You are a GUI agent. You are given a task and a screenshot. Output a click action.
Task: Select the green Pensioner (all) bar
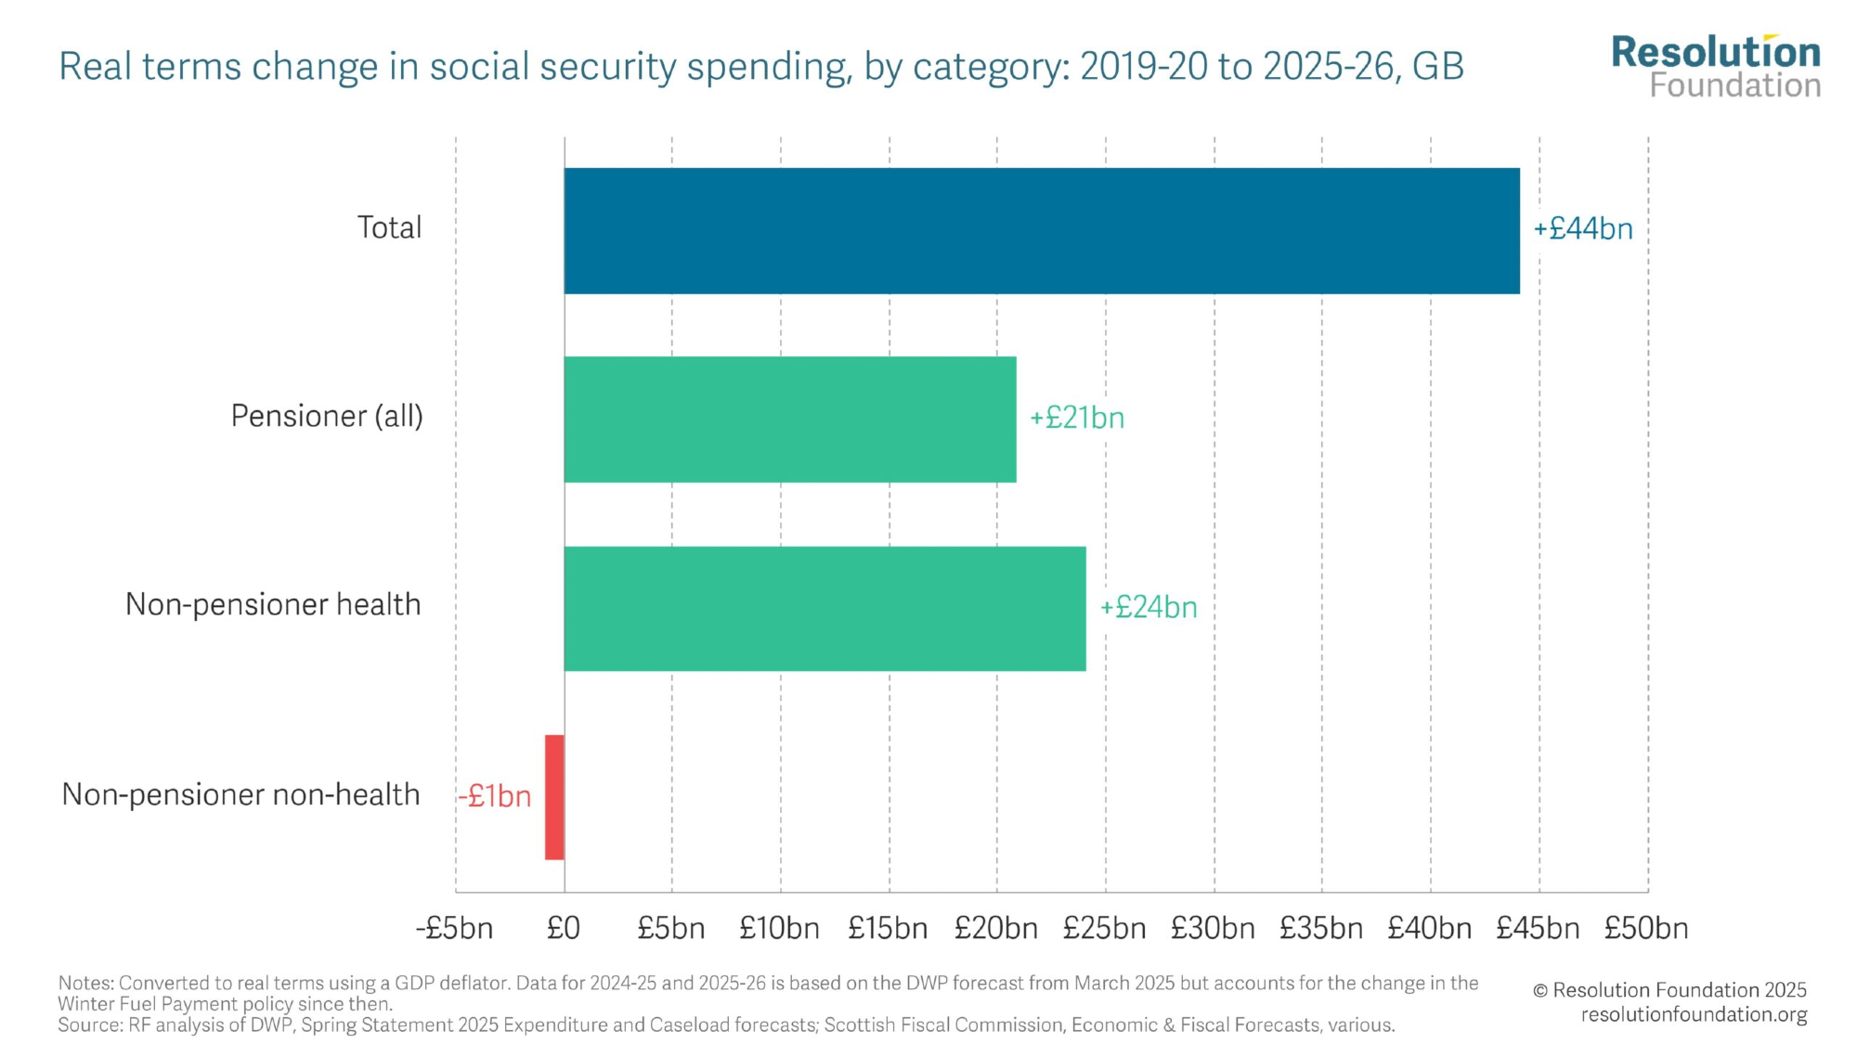click(790, 419)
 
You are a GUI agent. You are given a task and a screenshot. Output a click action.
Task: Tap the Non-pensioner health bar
click(825, 609)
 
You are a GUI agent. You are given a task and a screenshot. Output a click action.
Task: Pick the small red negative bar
click(554, 797)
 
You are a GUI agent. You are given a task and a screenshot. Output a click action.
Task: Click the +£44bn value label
click(1583, 229)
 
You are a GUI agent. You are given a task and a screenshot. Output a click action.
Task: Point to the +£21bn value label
click(1077, 419)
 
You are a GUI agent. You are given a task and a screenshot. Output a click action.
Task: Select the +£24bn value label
click(1149, 608)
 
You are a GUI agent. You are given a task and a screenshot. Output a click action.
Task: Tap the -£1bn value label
click(494, 796)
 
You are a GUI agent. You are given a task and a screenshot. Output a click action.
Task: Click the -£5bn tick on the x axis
click(454, 928)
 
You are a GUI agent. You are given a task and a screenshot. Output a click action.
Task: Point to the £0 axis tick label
click(564, 928)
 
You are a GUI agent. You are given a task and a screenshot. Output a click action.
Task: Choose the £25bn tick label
click(1104, 928)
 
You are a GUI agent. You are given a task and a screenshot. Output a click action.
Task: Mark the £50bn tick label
click(1646, 928)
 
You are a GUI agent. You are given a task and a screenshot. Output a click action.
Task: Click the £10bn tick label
click(779, 928)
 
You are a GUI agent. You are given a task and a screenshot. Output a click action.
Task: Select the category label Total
click(389, 227)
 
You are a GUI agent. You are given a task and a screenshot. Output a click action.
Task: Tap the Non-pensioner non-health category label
click(240, 794)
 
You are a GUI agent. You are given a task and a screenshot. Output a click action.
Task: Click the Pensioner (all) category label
click(327, 416)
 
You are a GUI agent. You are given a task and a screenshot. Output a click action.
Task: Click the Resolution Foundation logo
click(1716, 67)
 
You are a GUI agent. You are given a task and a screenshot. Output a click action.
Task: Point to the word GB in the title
click(1438, 67)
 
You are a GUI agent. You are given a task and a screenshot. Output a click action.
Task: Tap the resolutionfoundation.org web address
click(1694, 1014)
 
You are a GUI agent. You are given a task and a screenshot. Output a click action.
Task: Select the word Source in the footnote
click(87, 1025)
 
